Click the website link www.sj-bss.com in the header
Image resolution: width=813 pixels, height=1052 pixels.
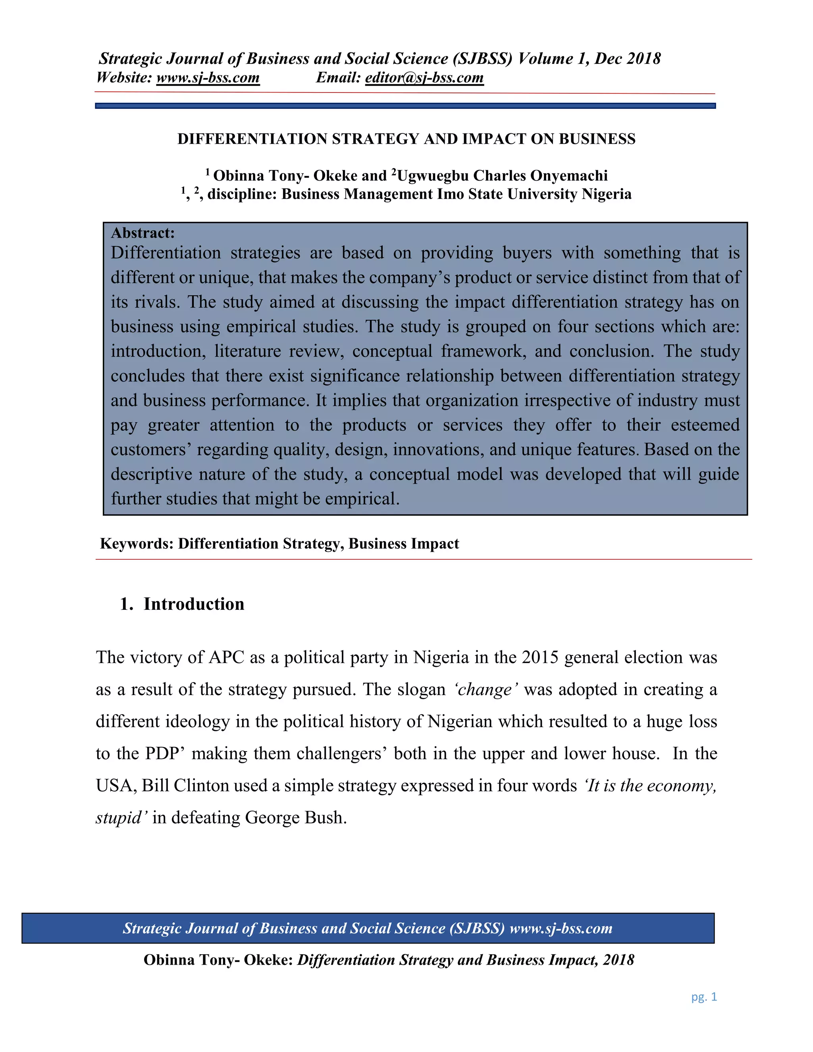point(208,77)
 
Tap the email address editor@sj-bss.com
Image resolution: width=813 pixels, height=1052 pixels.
point(424,77)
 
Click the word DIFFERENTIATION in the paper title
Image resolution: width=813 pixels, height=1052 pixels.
point(253,139)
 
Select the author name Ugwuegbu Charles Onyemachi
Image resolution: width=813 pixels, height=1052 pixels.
point(502,176)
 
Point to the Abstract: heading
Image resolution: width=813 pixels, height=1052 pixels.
point(143,233)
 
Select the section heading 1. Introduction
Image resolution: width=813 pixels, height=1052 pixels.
point(182,604)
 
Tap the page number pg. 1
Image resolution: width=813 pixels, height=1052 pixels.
point(704,997)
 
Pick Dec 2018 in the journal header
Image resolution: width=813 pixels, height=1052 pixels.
point(627,59)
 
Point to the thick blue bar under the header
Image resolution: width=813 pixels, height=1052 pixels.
point(405,106)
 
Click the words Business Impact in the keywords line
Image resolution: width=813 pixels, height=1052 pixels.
point(404,544)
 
